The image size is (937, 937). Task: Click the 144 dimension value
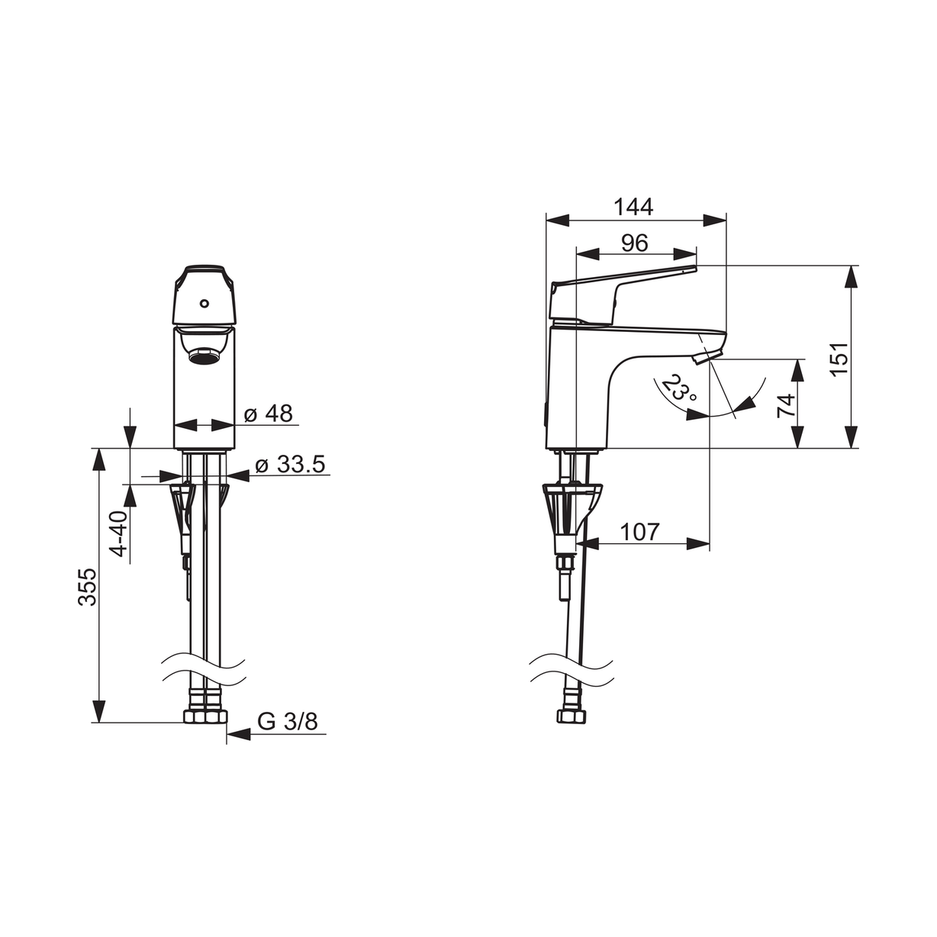coord(633,207)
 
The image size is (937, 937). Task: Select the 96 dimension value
coord(635,243)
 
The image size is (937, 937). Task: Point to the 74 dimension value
coord(786,405)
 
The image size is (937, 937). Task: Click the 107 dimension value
coord(639,532)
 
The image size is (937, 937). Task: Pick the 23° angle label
coord(679,388)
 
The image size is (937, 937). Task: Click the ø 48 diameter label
coord(268,414)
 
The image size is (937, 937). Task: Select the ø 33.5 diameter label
coord(290,465)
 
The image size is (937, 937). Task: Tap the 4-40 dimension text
coord(118,533)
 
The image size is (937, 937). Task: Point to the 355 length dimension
coord(88,587)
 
